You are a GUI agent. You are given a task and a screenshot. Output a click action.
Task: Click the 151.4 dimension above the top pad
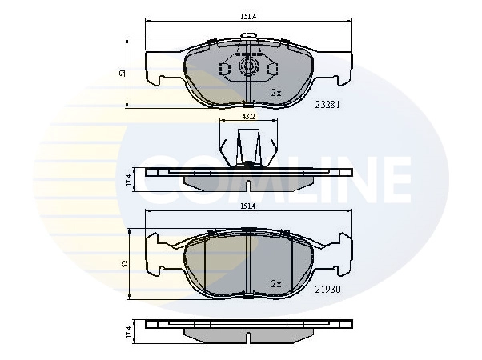pos(248,17)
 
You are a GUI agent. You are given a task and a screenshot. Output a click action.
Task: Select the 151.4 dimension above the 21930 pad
pos(248,206)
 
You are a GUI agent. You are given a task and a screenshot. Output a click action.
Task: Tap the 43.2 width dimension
pos(249,117)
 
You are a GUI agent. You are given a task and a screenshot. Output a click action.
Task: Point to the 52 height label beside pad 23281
pos(123,73)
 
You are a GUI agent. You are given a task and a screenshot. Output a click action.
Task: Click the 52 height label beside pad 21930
pos(124,263)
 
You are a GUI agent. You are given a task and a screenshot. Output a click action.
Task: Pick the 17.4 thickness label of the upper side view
pos(129,180)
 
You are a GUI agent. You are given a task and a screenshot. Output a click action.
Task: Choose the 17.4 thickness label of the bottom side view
pos(129,332)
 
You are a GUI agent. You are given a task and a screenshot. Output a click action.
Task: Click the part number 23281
pos(327,105)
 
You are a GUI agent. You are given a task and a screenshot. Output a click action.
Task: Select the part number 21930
pos(327,290)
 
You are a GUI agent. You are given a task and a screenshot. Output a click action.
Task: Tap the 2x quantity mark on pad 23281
pos(276,93)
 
